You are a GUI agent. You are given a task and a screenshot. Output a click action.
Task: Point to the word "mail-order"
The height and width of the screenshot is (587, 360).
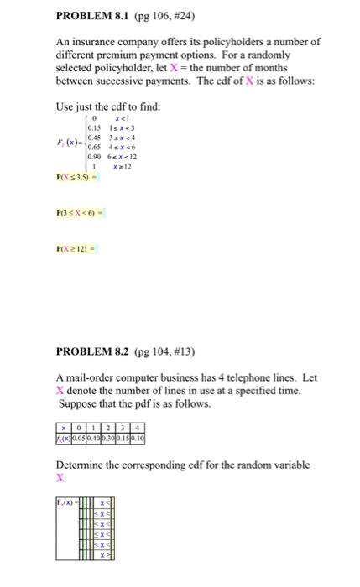click(x=89, y=377)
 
